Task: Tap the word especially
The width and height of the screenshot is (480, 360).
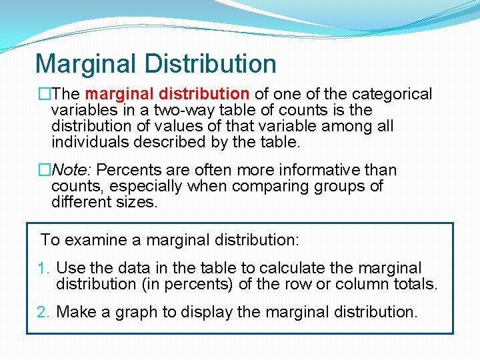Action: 143,186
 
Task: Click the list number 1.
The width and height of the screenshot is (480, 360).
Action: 43,268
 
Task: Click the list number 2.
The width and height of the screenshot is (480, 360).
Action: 44,312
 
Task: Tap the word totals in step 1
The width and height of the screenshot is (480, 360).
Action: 415,284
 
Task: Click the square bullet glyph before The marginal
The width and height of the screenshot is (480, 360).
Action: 44,95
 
